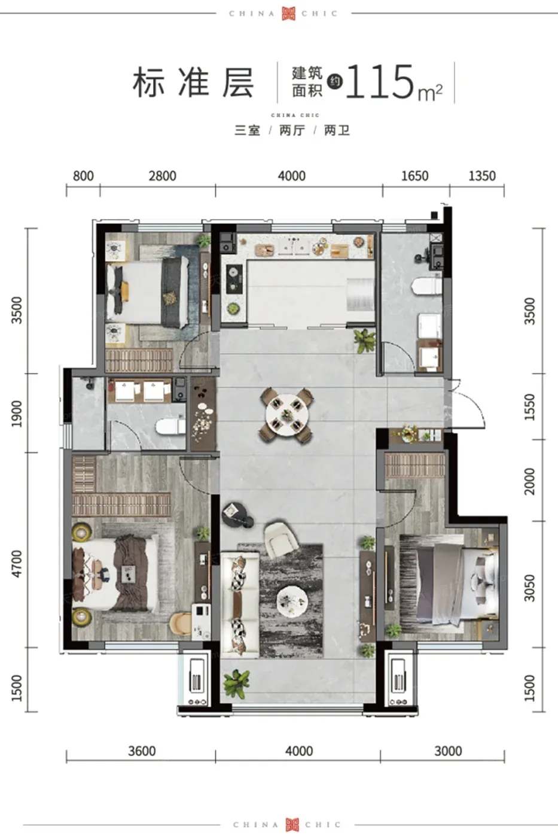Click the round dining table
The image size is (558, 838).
(287, 414)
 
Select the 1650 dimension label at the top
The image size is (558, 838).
(414, 176)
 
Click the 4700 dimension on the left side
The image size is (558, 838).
(17, 564)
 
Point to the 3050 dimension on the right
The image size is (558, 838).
(530, 588)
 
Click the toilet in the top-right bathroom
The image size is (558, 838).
(426, 287)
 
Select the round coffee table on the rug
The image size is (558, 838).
(292, 602)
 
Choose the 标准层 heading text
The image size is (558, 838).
(194, 83)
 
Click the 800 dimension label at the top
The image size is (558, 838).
(83, 176)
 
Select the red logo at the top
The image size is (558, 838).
(288, 13)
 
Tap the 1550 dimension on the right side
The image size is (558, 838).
(530, 406)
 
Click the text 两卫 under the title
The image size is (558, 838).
(337, 130)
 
